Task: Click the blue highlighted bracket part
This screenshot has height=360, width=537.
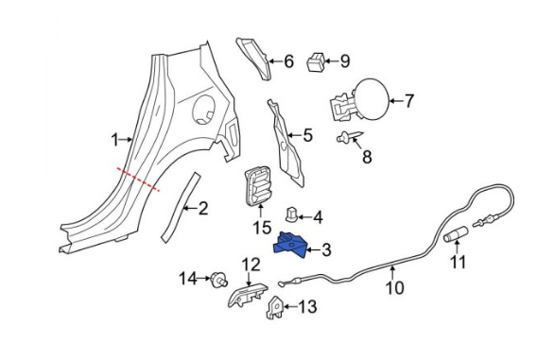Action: coord(290,245)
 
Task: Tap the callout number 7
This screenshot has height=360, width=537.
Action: coord(409,101)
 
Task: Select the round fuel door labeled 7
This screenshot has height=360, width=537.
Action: coord(371,99)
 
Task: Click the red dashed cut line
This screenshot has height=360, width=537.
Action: coord(138,179)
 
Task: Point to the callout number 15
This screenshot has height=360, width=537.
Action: coord(262,228)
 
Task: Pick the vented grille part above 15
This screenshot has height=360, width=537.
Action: coord(257,186)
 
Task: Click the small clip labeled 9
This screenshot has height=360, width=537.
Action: coord(316,62)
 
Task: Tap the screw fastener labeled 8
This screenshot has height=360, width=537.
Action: coord(349,137)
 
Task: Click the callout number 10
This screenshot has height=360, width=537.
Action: coord(395,287)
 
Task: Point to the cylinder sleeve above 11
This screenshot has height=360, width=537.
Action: coord(456,234)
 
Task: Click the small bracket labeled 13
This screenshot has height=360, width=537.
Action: coord(274,307)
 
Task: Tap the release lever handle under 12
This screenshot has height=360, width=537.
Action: coord(248,295)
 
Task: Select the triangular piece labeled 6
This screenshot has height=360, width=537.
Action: coord(253,59)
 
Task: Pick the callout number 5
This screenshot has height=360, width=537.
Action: coord(307,135)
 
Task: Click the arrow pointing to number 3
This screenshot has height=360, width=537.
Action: coord(312,250)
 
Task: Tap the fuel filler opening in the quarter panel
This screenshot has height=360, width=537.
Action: coord(204,110)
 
